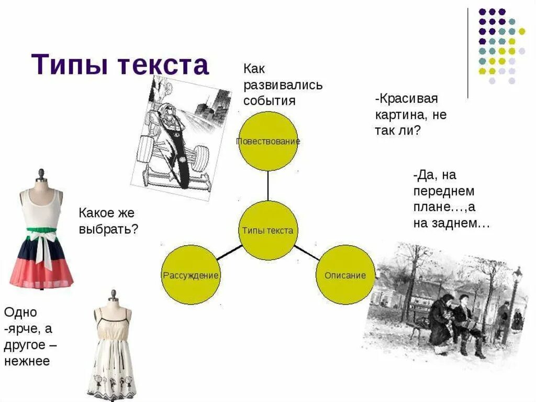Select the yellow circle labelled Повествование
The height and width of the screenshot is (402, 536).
coord(268,141)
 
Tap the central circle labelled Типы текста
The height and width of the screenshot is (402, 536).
coord(268,231)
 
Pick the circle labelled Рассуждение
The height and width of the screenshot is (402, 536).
coord(191,275)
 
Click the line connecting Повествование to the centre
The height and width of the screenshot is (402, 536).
coord(268,186)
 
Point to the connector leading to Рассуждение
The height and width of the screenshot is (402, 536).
coord(229,253)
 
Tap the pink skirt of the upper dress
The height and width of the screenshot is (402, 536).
coord(42,273)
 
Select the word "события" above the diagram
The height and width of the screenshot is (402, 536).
coord(269,100)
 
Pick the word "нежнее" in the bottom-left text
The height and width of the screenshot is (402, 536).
coord(27,362)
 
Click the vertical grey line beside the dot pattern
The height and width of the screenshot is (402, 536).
coord(468,52)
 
